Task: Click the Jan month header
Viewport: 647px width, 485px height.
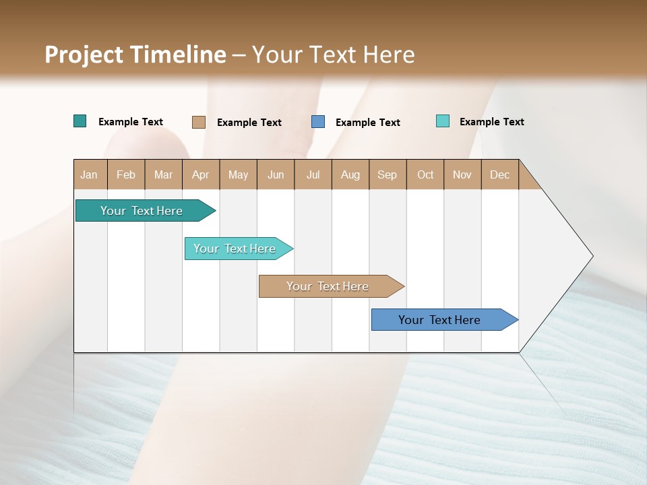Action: (x=90, y=174)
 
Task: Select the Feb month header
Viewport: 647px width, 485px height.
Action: (x=126, y=174)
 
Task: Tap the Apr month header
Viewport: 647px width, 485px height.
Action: (x=200, y=174)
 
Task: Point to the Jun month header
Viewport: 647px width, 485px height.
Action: (x=276, y=174)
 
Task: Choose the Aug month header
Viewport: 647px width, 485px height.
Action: (x=350, y=174)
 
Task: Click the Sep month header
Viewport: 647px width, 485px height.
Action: (x=387, y=174)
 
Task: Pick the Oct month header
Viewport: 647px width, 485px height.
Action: (x=425, y=174)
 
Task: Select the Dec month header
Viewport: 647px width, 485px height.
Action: (x=499, y=174)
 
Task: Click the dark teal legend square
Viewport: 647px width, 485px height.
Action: (x=80, y=121)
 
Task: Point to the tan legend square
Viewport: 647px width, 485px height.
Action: (x=198, y=122)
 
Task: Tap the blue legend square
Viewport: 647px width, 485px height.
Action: (x=318, y=122)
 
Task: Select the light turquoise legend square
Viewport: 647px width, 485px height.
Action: (x=442, y=121)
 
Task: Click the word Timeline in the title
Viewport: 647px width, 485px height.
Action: (x=178, y=55)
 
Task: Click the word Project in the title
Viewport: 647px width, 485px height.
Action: (x=85, y=55)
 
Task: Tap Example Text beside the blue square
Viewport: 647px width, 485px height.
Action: (x=368, y=123)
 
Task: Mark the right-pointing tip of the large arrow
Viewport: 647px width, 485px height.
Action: (x=591, y=256)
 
